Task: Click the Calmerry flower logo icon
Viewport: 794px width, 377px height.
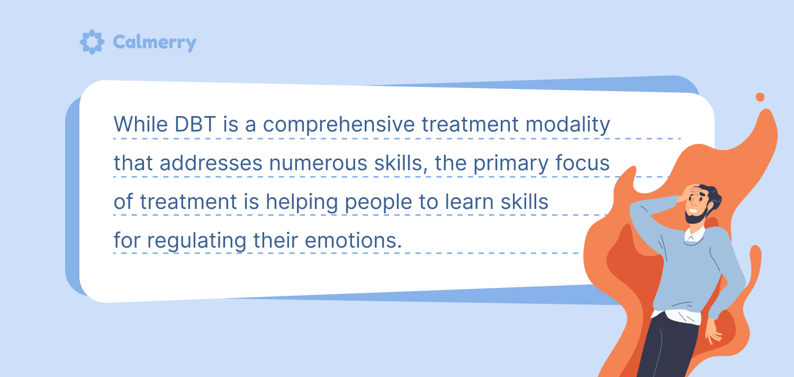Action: pos(92,42)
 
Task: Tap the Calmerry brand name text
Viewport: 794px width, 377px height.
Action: pos(155,42)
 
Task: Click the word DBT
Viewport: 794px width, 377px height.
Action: pos(195,124)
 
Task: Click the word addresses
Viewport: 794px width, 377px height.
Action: pos(211,163)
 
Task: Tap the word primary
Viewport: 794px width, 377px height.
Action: pos(511,164)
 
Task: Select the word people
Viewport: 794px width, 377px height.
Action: pos(378,203)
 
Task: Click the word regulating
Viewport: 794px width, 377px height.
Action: pos(197,241)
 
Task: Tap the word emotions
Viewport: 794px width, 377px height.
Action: pos(354,240)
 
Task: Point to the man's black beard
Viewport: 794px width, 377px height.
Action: pos(697,215)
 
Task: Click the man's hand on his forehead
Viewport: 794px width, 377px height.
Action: pos(690,192)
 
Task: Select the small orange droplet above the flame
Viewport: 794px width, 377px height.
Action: pos(760,97)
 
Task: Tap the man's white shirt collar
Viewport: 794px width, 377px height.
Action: pos(694,235)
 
